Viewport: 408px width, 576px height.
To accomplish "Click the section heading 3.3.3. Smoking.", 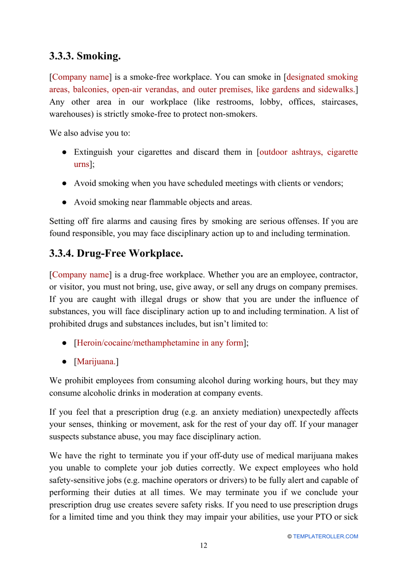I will point(85,56).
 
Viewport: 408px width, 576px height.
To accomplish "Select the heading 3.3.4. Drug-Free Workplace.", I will point(116,253).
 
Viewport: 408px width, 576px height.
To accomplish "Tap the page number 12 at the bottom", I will point(204,545).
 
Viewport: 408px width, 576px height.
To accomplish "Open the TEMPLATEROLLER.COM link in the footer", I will point(325,536).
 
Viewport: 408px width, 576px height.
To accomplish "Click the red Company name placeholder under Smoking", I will point(80,77).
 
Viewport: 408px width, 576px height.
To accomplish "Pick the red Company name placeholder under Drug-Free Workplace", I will point(80,274).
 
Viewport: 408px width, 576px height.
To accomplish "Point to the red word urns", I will point(81,164).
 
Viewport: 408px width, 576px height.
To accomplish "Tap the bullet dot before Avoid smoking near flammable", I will point(64,202).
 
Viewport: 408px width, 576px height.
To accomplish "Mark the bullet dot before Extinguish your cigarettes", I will point(64,152).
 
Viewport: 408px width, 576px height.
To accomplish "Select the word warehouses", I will point(69,114).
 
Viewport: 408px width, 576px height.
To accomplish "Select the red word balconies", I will point(90,90).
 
